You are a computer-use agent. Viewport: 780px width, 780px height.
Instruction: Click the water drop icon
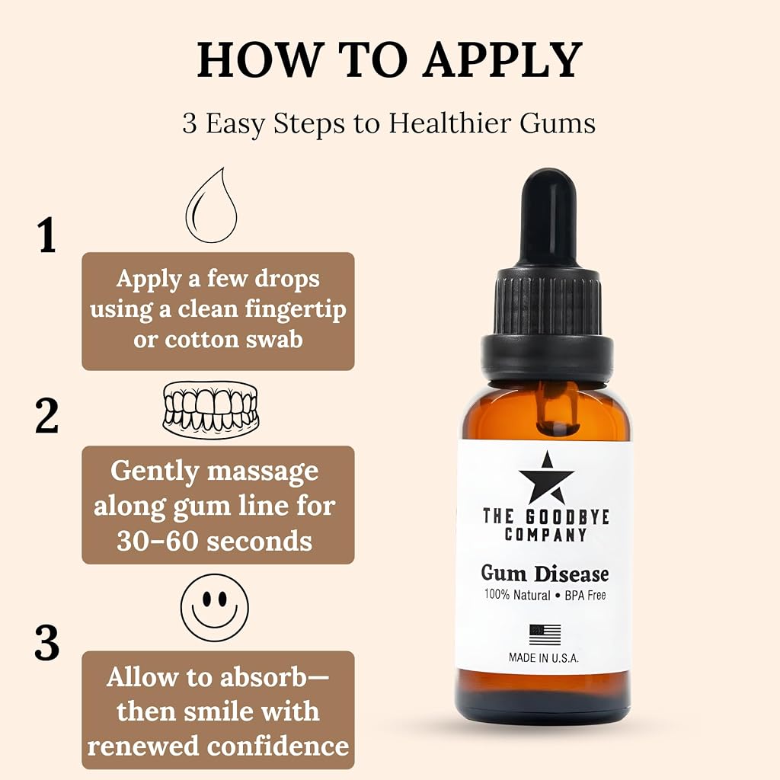pos(212,206)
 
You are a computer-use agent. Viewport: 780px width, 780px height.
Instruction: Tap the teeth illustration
pos(211,409)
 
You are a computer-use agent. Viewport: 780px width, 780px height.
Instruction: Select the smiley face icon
pos(214,607)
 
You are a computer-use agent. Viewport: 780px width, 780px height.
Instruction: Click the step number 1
pos(46,235)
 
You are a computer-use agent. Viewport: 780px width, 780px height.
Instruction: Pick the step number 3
pos(46,643)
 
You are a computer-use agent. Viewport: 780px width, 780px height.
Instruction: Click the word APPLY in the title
pos(503,59)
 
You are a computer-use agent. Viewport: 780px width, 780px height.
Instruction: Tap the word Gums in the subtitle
pos(557,123)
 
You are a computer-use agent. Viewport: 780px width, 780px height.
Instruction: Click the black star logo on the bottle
pos(546,478)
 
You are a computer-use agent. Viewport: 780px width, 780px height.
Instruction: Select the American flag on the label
pos(545,635)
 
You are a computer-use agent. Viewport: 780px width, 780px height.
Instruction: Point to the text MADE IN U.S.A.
pos(544,657)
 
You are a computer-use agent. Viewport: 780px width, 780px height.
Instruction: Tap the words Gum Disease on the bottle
pos(545,574)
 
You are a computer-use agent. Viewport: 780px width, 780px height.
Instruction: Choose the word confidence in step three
pos(278,746)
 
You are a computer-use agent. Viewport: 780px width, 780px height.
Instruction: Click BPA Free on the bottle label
pos(585,595)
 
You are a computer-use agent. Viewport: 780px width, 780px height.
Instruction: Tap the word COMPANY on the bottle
pos(545,535)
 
